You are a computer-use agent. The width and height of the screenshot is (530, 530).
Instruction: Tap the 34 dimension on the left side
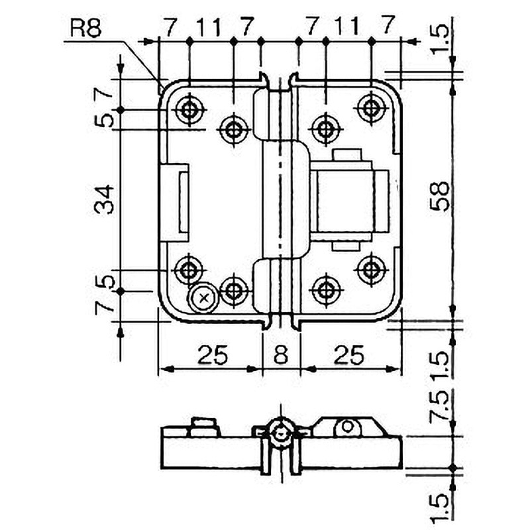pyautogui.click(x=105, y=199)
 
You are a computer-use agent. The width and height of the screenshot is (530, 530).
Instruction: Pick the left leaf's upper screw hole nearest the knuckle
pyautogui.click(x=233, y=129)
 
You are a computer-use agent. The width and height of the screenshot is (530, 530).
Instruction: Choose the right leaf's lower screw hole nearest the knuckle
pyautogui.click(x=324, y=290)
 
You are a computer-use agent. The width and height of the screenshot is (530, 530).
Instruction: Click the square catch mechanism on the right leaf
pyautogui.click(x=347, y=199)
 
